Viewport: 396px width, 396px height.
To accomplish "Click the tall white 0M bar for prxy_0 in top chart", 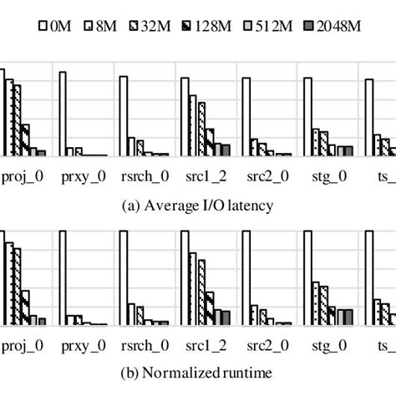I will click(x=63, y=114).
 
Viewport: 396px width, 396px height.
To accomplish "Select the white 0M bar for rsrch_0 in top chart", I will click(x=123, y=116).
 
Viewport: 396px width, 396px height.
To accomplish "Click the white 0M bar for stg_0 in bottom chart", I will click(x=304, y=281).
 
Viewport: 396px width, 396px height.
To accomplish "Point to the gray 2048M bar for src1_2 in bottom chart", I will click(x=225, y=317).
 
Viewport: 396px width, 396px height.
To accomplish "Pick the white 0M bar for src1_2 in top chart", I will click(x=183, y=116).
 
